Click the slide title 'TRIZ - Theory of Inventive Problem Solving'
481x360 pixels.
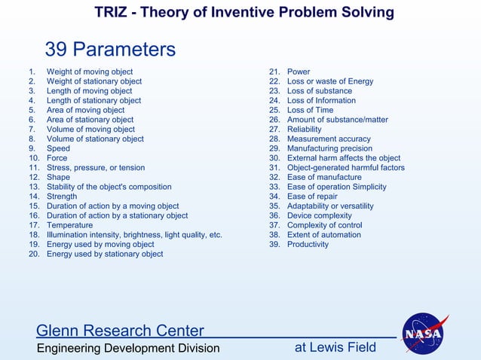coord(244,13)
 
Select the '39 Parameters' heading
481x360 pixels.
coord(110,50)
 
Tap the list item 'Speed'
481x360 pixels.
coord(58,148)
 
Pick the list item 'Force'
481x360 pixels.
coord(57,158)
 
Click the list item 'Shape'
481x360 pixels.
coord(58,177)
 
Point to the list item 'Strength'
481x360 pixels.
coord(62,197)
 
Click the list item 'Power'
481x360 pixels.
coord(299,72)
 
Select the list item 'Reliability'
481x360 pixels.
coord(304,130)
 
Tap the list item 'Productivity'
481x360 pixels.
coord(308,245)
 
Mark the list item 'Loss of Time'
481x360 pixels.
coord(310,110)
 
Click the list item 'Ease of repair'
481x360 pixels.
coord(312,197)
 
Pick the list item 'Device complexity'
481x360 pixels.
coord(320,215)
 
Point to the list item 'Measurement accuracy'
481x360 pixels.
coord(329,139)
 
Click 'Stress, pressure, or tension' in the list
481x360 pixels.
coord(96,168)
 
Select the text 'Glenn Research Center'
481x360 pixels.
coord(120,331)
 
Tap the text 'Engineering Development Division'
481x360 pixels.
coord(128,348)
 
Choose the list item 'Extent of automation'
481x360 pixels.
coord(323,235)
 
